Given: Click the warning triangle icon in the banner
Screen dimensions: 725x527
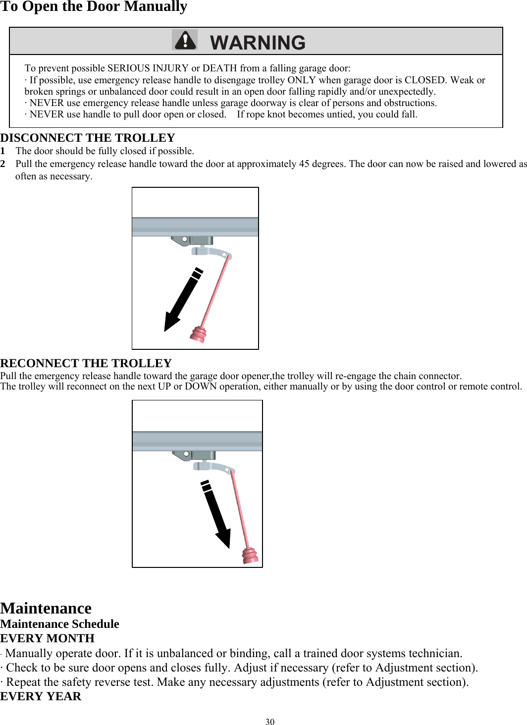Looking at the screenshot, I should (185, 40).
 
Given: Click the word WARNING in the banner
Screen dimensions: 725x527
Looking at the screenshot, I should (258, 43).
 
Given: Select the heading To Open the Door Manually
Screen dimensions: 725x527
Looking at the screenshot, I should (94, 7).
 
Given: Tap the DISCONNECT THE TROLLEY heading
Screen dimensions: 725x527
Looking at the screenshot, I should (88, 138).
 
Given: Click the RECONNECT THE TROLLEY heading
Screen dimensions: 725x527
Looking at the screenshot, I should (86, 363).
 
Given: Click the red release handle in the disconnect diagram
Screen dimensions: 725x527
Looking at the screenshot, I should (198, 334).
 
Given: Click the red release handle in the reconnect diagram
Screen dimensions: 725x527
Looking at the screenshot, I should (250, 556).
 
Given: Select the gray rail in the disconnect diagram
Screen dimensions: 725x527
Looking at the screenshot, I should (195, 226).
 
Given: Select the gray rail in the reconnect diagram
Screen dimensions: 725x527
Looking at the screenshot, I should (197, 441).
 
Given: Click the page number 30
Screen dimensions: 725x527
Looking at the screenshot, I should (270, 722).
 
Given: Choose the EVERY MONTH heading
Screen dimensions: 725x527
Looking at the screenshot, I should (47, 638).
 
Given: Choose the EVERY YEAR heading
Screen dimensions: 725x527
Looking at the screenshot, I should (41, 696).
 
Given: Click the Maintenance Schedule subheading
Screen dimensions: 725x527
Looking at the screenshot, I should (59, 624).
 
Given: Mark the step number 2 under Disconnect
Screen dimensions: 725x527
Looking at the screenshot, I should (3, 164).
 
